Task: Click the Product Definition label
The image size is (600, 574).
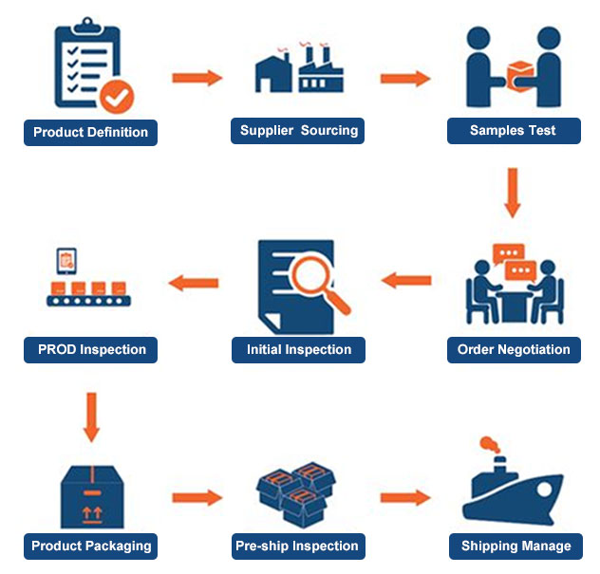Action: tap(91, 132)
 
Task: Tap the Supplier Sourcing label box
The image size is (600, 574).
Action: tap(297, 131)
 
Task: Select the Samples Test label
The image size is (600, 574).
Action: tap(514, 131)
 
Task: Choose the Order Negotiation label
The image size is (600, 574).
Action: tap(514, 349)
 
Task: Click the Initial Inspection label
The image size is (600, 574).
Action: tap(298, 349)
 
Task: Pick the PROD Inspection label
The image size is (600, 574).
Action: tap(91, 349)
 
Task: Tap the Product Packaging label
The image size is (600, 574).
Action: tap(91, 546)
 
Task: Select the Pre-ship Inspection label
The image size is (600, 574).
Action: tap(298, 546)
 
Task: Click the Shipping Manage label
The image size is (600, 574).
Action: tap(516, 546)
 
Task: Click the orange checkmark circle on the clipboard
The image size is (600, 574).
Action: tap(117, 97)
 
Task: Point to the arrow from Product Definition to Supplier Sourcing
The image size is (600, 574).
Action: tap(197, 78)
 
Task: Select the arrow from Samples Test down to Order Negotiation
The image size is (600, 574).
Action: tap(513, 193)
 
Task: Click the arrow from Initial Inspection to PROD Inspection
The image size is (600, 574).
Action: tap(194, 283)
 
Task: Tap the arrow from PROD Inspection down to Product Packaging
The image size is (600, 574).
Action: tap(91, 417)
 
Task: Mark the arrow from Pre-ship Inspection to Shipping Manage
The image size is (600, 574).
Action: tap(405, 497)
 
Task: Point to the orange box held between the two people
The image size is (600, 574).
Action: tap(520, 77)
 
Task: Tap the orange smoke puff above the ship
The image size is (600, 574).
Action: tap(490, 444)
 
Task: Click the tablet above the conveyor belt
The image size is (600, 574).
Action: tap(66, 261)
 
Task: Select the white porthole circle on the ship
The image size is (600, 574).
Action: tap(544, 490)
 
